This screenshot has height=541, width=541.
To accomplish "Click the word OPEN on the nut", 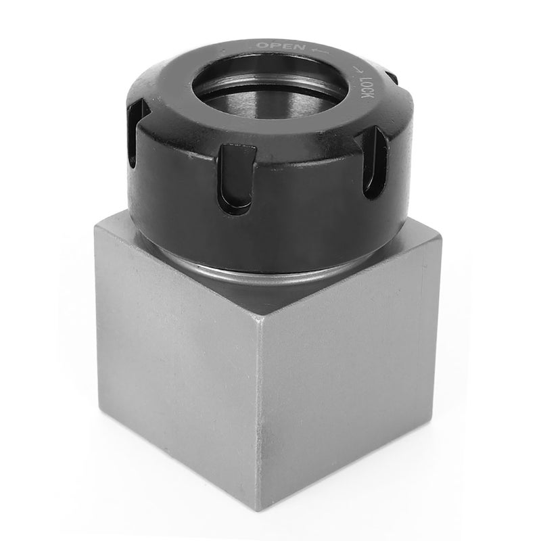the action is pyautogui.click(x=281, y=46).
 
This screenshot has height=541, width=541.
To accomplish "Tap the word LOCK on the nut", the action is pyautogui.click(x=367, y=88).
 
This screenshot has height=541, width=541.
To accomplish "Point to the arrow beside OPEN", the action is pyautogui.click(x=319, y=51).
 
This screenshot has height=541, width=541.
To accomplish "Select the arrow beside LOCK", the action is pyautogui.click(x=358, y=71).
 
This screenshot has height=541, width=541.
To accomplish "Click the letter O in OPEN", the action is pyautogui.click(x=263, y=45).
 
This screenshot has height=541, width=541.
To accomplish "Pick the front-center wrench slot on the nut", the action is pyautogui.click(x=237, y=178).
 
